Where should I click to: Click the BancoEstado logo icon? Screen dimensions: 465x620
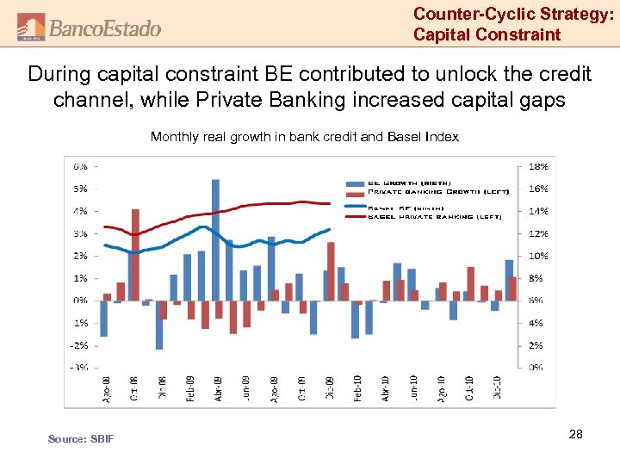pyautogui.click(x=31, y=28)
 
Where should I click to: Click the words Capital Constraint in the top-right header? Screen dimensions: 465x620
pyautogui.click(x=487, y=35)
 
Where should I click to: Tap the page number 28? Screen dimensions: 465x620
pyautogui.click(x=576, y=435)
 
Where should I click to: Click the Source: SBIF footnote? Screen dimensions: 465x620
pyautogui.click(x=80, y=439)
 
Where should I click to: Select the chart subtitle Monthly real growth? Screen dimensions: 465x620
pyautogui.click(x=304, y=137)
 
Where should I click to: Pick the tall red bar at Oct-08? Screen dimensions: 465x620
pyautogui.click(x=135, y=254)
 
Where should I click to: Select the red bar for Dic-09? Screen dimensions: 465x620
pyautogui.click(x=331, y=270)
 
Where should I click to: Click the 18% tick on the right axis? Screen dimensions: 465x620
pyautogui.click(x=536, y=166)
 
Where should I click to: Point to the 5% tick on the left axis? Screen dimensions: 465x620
pyautogui.click(x=79, y=189)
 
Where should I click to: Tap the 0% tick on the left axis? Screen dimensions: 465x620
pyautogui.click(x=79, y=301)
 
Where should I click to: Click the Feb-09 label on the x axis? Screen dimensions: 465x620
pyautogui.click(x=189, y=387)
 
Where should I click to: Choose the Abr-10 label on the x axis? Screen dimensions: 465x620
pyautogui.click(x=384, y=387)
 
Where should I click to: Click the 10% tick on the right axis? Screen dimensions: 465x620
pyautogui.click(x=536, y=256)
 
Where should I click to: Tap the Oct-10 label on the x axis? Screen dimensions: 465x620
pyautogui.click(x=468, y=387)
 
